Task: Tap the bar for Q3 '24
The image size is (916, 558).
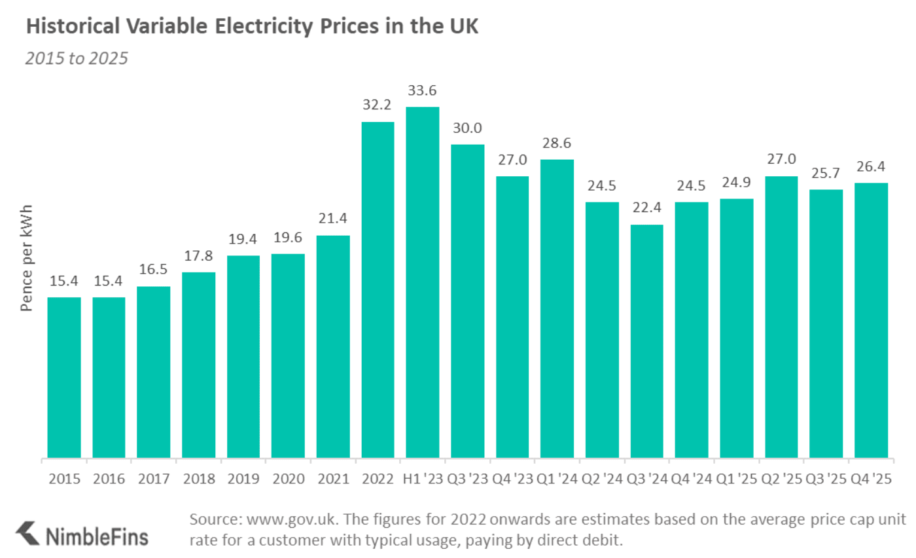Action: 646,341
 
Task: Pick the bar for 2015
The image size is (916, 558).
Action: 64,377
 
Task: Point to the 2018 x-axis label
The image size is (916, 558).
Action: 198,479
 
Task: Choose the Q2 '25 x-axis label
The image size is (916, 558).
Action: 781,479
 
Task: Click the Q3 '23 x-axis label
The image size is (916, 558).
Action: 467,479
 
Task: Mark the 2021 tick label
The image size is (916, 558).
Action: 333,479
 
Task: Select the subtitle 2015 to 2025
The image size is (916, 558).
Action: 76,58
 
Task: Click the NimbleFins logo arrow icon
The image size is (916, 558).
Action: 27,532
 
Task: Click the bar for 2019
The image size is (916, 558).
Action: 243,356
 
